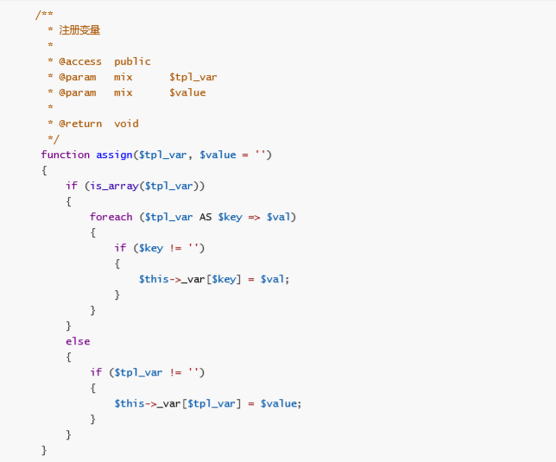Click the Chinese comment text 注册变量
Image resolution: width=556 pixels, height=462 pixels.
pyautogui.click(x=79, y=30)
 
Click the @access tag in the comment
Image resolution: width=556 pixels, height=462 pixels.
pyautogui.click(x=80, y=61)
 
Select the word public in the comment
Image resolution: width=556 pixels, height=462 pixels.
pyautogui.click(x=132, y=61)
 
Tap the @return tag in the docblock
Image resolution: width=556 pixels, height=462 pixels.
pyautogui.click(x=80, y=123)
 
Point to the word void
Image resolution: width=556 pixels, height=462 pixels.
pyautogui.click(x=126, y=123)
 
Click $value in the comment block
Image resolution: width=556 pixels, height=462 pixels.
pyautogui.click(x=187, y=92)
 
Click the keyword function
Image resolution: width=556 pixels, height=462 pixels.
pyautogui.click(x=66, y=155)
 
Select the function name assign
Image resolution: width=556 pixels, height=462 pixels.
pyautogui.click(x=114, y=155)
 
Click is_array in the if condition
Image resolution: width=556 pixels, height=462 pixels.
pyautogui.click(x=114, y=186)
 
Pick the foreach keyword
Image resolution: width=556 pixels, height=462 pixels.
pyautogui.click(x=111, y=217)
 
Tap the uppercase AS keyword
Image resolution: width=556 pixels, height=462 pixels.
pyautogui.click(x=205, y=217)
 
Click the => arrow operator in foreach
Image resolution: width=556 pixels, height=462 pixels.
pyautogui.click(x=254, y=217)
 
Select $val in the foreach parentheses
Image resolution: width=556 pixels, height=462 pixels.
pyautogui.click(x=278, y=217)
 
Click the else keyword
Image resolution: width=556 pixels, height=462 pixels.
pyautogui.click(x=78, y=341)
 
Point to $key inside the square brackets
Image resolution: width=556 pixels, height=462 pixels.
pyautogui.click(x=224, y=279)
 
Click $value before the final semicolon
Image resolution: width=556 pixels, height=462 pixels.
pyautogui.click(x=279, y=403)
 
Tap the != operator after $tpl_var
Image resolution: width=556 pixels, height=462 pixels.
pyautogui.click(x=175, y=372)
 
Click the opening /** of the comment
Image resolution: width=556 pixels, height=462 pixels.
pyautogui.click(x=44, y=15)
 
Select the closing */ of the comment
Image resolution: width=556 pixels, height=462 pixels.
pyautogui.click(x=54, y=139)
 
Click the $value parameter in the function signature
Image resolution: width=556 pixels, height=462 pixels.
pyautogui.click(x=218, y=155)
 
